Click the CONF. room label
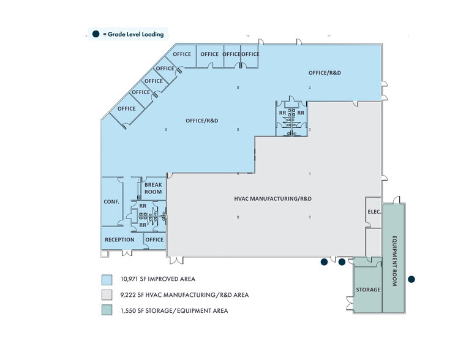111,201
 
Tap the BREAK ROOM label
153,188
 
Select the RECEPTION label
119,239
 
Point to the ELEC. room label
374,212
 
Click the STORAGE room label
368,290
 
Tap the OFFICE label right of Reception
155,239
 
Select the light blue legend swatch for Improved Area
107,279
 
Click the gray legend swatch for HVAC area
107,295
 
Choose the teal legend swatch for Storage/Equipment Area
107,311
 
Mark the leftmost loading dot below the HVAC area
324,262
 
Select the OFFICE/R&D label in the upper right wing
325,73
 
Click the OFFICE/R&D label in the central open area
202,121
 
